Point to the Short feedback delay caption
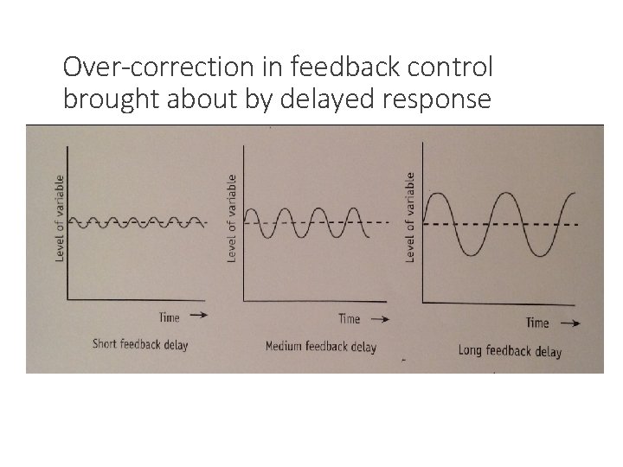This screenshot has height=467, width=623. pos(140,344)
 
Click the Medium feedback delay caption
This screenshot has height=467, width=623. pos(320,348)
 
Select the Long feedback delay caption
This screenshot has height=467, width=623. pos(510,351)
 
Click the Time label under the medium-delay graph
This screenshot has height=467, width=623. pos(349,320)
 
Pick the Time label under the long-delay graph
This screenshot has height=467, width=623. pos(536,323)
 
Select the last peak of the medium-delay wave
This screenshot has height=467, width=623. pos(354,208)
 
